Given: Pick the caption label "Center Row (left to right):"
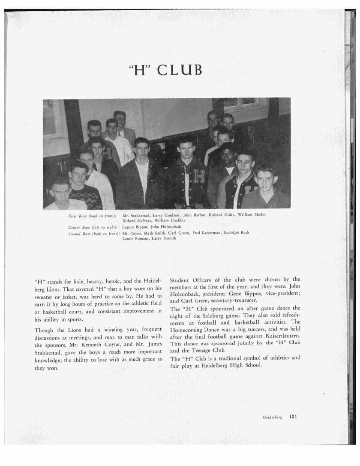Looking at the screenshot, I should (x=93, y=226).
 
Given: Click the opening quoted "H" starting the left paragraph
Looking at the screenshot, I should (x=39, y=282).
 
